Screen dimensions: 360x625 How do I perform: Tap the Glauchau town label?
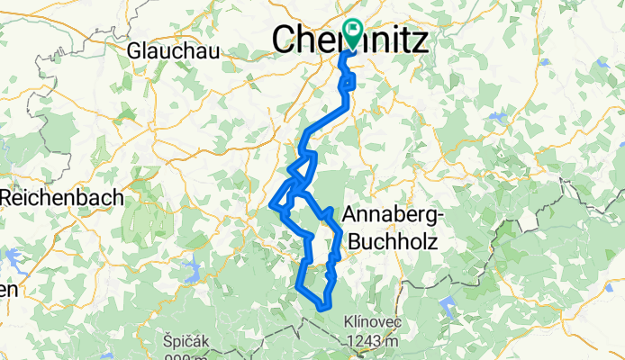click(x=175, y=51)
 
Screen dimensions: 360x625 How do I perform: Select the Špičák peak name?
click(x=187, y=341)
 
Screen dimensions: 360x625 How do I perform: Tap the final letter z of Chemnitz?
click(x=421, y=39)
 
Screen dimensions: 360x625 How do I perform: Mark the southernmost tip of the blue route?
click(x=321, y=310)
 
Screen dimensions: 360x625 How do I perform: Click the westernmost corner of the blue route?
click(x=271, y=210)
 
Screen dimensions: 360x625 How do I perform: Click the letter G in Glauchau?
click(x=136, y=51)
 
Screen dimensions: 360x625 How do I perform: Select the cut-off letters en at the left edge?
click(x=8, y=291)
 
